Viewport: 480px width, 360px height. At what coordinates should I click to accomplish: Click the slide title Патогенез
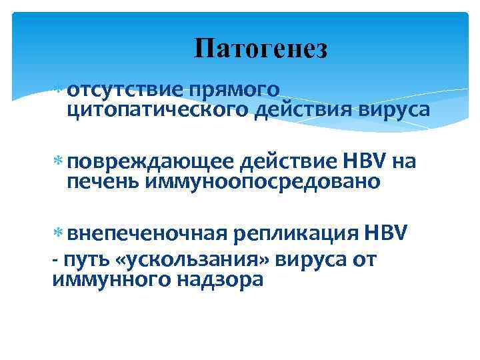pos(261,49)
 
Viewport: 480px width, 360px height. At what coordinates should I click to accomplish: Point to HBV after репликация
pos(390,234)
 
